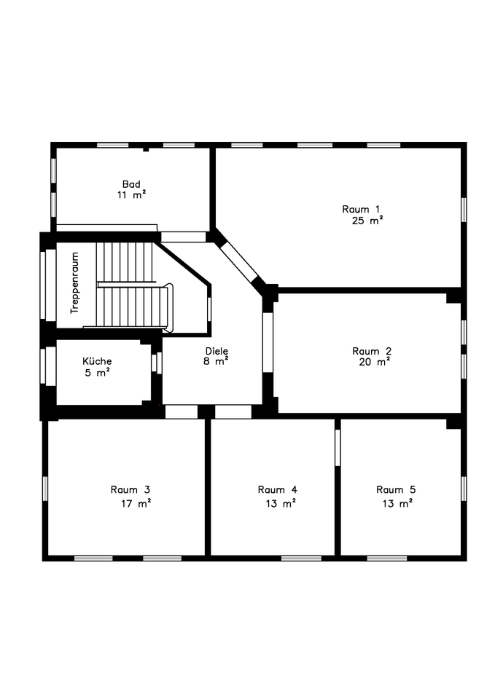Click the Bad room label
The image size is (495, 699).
[x=131, y=184]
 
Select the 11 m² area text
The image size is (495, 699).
[x=131, y=195]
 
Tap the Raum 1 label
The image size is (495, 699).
[x=361, y=209]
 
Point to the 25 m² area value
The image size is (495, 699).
[x=367, y=221]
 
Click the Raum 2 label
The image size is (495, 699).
[x=372, y=350]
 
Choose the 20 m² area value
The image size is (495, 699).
[x=374, y=362]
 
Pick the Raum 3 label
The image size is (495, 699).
[x=130, y=489]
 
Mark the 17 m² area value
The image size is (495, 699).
[x=136, y=503]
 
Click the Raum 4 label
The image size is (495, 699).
[x=277, y=489]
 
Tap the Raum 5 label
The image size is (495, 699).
[x=396, y=489]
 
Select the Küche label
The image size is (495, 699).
[x=97, y=361]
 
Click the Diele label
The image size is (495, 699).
[x=216, y=350]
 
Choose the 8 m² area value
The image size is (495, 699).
[x=216, y=361]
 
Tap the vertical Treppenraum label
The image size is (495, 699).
[x=74, y=288]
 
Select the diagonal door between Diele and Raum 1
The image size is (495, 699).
[x=239, y=262]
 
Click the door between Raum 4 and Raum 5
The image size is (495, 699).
[x=338, y=447]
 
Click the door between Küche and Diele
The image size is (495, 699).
[x=156, y=363]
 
